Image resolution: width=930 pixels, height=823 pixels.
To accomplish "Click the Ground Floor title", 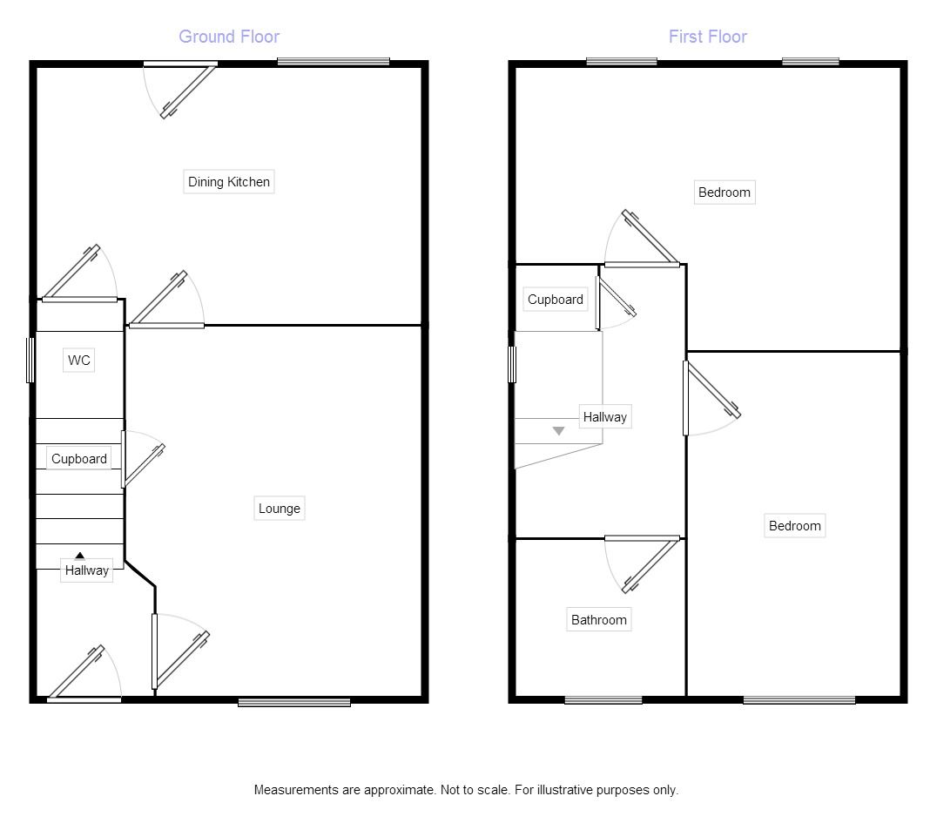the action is pyautogui.click(x=229, y=37).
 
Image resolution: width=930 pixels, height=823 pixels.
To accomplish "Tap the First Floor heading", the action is pyautogui.click(x=708, y=37).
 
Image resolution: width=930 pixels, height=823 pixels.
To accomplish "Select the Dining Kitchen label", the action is pyautogui.click(x=229, y=182).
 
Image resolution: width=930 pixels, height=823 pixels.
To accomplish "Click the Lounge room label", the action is pyautogui.click(x=280, y=509).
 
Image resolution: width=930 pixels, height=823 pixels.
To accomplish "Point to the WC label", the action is pyautogui.click(x=79, y=361).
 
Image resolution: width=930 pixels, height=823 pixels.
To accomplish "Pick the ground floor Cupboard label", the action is pyautogui.click(x=79, y=459).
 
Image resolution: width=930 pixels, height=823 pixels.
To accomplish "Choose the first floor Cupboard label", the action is pyautogui.click(x=556, y=300).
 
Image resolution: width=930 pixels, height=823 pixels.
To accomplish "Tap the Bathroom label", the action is pyautogui.click(x=599, y=620).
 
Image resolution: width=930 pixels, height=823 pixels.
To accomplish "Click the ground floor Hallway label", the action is pyautogui.click(x=86, y=570).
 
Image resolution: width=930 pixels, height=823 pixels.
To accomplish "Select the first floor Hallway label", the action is pyautogui.click(x=605, y=417).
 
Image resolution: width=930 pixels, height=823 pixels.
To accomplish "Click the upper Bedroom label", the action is pyautogui.click(x=724, y=192).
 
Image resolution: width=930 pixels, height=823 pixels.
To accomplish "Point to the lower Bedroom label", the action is pyautogui.click(x=795, y=526).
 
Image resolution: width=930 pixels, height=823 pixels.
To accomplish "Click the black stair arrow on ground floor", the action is pyautogui.click(x=79, y=556).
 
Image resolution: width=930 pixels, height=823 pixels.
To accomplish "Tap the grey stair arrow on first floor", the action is pyautogui.click(x=559, y=431).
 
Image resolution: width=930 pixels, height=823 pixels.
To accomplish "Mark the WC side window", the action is pyautogui.click(x=30, y=361).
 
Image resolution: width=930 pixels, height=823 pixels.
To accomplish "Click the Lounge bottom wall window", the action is pyautogui.click(x=294, y=703).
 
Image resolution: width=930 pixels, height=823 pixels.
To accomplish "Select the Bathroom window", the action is pyautogui.click(x=603, y=700).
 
